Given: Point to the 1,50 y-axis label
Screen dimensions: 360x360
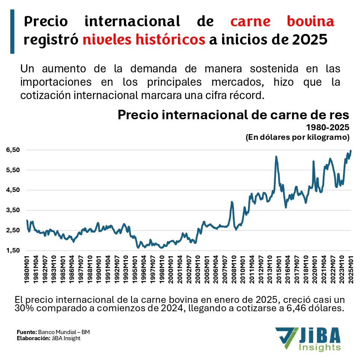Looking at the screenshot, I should (x=12, y=251).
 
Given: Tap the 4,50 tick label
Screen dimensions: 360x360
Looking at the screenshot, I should (x=12, y=190).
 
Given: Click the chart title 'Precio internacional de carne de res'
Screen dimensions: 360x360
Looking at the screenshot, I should (x=233, y=115).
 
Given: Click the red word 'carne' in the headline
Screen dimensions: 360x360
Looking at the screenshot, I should (x=250, y=21).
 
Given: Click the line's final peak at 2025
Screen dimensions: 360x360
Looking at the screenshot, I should (x=350, y=151).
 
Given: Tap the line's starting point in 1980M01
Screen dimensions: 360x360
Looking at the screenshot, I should (x=27, y=220).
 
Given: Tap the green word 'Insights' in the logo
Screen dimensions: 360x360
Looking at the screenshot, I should (x=320, y=347).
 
